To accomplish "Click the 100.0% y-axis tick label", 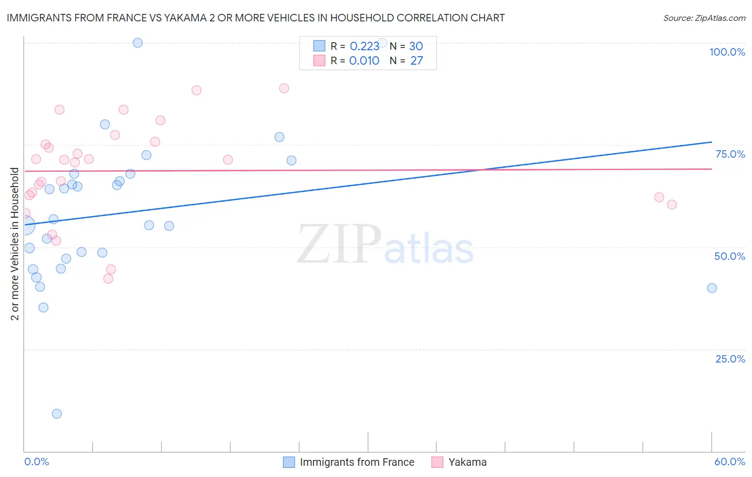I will click(727, 52).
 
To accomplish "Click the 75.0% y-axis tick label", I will click(730, 154).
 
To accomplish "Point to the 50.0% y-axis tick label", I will click(730, 256).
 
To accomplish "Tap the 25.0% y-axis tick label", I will click(730, 359).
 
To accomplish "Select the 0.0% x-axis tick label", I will click(36, 461).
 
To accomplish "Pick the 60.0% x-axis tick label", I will click(730, 461).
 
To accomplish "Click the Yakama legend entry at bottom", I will click(467, 462).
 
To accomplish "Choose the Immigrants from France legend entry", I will click(357, 462).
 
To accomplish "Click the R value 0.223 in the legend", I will click(364, 47).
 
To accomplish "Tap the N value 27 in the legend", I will click(417, 61).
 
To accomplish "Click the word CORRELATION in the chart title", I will click(436, 18).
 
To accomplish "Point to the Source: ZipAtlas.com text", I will click(704, 18).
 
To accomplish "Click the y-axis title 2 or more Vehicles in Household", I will click(15, 244).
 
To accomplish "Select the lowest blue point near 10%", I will click(57, 413).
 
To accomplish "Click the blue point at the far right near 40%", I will click(712, 288).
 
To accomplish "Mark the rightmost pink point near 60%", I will click(672, 204).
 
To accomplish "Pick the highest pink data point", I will click(284, 88).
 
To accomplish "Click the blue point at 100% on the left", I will click(137, 43).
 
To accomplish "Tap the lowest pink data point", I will click(108, 279).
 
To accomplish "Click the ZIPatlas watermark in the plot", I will click(385, 245).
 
